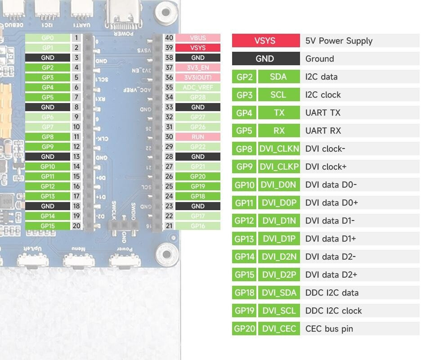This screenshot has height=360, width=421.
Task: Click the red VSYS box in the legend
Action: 265,40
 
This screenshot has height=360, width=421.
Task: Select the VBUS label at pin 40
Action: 198,38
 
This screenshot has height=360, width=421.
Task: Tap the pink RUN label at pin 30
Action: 198,137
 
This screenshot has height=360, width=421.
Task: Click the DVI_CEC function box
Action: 279,328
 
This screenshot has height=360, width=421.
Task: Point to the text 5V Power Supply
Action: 339,40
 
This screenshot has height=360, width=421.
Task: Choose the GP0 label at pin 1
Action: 48,38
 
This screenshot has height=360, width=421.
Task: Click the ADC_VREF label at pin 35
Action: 198,87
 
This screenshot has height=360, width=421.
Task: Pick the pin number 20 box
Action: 76,226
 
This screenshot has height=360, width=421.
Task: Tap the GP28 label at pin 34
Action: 198,97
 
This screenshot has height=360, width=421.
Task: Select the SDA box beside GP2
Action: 279,76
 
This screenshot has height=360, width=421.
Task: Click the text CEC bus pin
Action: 329,328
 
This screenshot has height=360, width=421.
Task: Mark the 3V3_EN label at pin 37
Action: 198,67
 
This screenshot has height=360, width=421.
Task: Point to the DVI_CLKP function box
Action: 279,166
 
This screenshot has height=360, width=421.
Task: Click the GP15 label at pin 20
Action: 48,226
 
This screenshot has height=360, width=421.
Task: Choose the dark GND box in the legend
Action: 265,58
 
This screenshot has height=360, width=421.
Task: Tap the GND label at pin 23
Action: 198,206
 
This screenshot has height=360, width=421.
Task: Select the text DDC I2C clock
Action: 333,310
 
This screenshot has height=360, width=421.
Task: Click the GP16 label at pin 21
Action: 198,226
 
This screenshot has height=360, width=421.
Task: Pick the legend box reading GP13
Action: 244,238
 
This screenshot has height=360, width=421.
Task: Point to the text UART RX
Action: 323,130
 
